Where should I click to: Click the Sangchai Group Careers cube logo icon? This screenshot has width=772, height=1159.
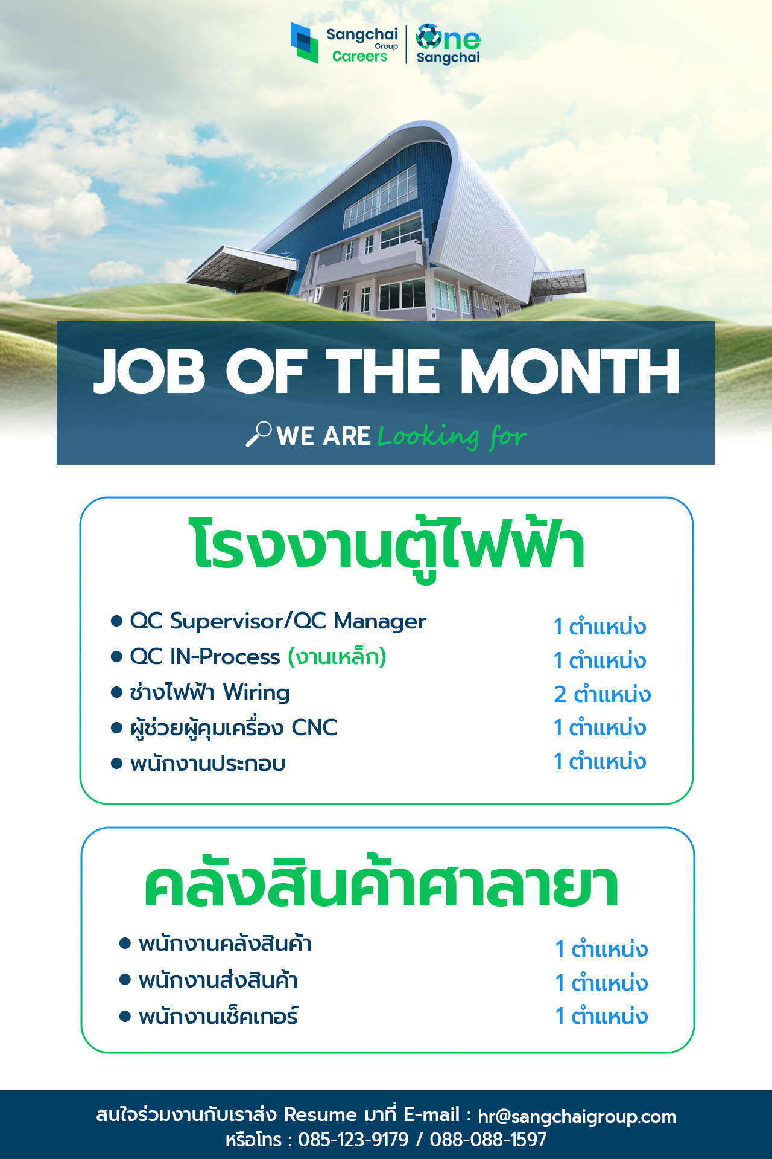click(x=304, y=42)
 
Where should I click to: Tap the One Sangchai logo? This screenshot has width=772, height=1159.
click(x=448, y=44)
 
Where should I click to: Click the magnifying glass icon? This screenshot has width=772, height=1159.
click(x=259, y=434)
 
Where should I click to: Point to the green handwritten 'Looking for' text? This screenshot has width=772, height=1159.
click(x=452, y=436)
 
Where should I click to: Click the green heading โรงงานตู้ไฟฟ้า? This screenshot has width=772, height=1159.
click(x=387, y=547)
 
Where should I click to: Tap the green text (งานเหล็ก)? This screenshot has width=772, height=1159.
click(x=337, y=656)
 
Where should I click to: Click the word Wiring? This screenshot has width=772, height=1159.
click(x=256, y=692)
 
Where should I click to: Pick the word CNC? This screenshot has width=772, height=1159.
click(x=314, y=727)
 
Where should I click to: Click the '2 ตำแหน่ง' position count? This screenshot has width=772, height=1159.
click(x=602, y=694)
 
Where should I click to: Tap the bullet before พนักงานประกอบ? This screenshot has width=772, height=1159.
click(x=117, y=764)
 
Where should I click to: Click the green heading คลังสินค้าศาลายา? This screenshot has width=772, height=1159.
click(x=381, y=883)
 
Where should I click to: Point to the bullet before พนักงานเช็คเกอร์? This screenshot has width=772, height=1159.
click(x=125, y=1017)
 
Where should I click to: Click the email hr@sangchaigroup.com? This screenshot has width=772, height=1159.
click(x=577, y=1117)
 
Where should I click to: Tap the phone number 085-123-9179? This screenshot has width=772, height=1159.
click(x=353, y=1140)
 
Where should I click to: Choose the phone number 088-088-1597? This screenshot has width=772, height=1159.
click(x=488, y=1140)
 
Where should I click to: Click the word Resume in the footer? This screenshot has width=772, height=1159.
click(x=321, y=1114)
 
